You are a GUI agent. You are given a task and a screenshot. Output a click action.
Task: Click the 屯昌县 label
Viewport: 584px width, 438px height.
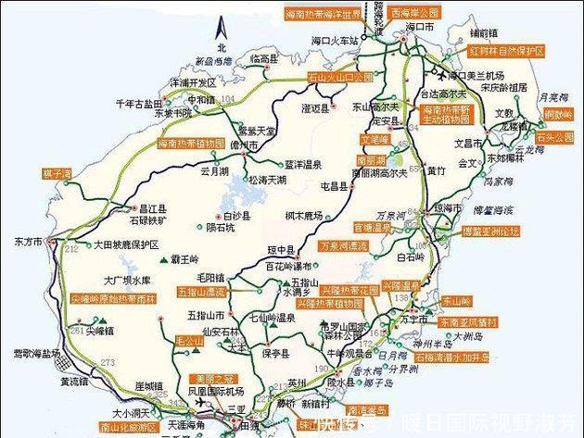point(333,185)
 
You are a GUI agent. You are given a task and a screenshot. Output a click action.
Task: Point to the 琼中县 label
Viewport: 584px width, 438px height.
point(282,251)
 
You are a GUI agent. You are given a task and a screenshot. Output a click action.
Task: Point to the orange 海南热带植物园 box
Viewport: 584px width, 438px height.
point(192,144)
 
